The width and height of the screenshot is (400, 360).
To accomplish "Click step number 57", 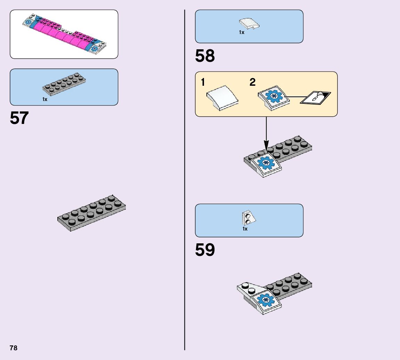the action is (x=19, y=118).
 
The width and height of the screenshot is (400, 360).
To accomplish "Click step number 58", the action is (x=205, y=56).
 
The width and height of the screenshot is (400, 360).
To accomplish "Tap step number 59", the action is (x=205, y=250).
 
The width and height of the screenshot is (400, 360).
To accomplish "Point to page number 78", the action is (x=14, y=348).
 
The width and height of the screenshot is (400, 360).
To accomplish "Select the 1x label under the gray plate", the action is (x=45, y=99).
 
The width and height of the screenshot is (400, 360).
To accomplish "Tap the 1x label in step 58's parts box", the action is (x=242, y=32).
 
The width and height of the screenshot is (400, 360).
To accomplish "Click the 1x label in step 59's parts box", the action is (x=245, y=229).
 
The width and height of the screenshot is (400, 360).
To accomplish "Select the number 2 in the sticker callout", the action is (x=253, y=82).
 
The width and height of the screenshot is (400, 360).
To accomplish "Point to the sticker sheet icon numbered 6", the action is (x=316, y=97).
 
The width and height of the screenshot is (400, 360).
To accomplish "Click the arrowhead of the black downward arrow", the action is (x=266, y=146).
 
